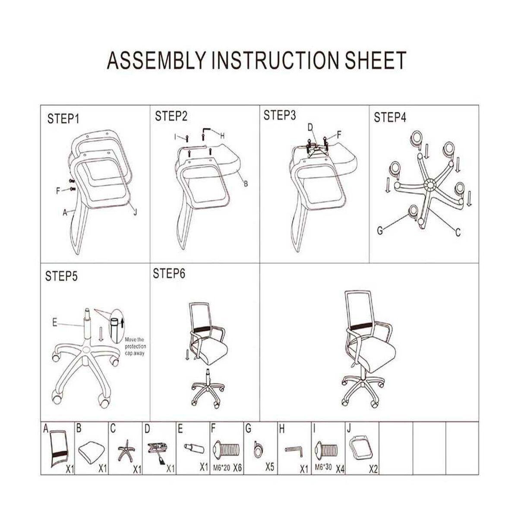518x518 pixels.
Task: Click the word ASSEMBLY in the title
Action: (x=156, y=60)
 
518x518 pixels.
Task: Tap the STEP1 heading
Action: (x=63, y=119)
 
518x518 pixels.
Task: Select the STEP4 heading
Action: (x=390, y=117)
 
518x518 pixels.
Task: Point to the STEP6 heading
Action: (x=169, y=274)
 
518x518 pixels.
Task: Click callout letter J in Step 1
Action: (x=135, y=212)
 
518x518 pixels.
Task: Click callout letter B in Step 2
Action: (x=246, y=184)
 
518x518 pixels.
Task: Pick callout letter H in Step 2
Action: (x=222, y=136)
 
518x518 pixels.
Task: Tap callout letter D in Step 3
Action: (x=310, y=128)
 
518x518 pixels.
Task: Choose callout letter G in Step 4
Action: (x=380, y=231)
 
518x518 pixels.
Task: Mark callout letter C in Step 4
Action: (x=458, y=232)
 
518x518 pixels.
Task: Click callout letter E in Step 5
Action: (x=54, y=322)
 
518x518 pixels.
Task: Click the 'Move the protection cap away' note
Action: (x=135, y=347)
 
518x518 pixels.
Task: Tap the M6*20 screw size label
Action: (x=222, y=468)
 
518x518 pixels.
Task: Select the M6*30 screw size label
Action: (x=323, y=467)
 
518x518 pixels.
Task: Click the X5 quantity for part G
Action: (x=270, y=467)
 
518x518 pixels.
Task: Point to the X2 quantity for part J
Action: (x=373, y=469)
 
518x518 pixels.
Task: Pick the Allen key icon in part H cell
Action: (x=295, y=452)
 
